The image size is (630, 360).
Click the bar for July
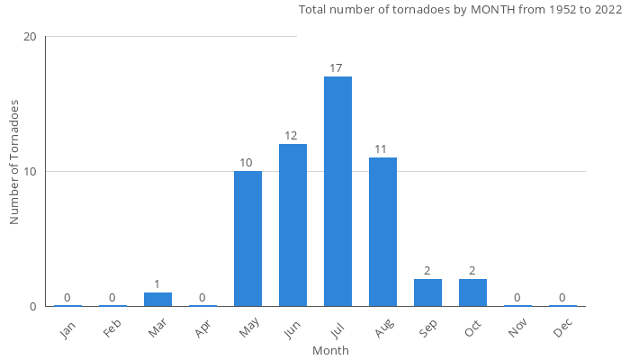(x=337, y=191)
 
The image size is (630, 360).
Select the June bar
(x=292, y=225)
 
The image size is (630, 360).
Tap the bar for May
(x=247, y=238)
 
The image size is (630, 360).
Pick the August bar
(x=382, y=231)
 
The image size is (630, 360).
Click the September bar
(x=427, y=292)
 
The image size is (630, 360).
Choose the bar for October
(x=472, y=292)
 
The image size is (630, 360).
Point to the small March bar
(x=157, y=299)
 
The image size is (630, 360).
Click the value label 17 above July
(x=337, y=68)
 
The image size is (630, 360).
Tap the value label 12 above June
(x=292, y=136)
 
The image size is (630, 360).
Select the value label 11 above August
(x=382, y=149)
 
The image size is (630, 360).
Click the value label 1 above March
(x=157, y=284)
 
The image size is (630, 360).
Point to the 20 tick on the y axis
(x=30, y=37)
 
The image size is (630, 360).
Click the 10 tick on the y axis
(x=30, y=172)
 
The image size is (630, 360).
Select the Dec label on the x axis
(x=563, y=329)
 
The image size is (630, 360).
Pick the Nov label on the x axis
(x=518, y=329)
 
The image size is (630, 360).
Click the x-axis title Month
(x=330, y=350)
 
